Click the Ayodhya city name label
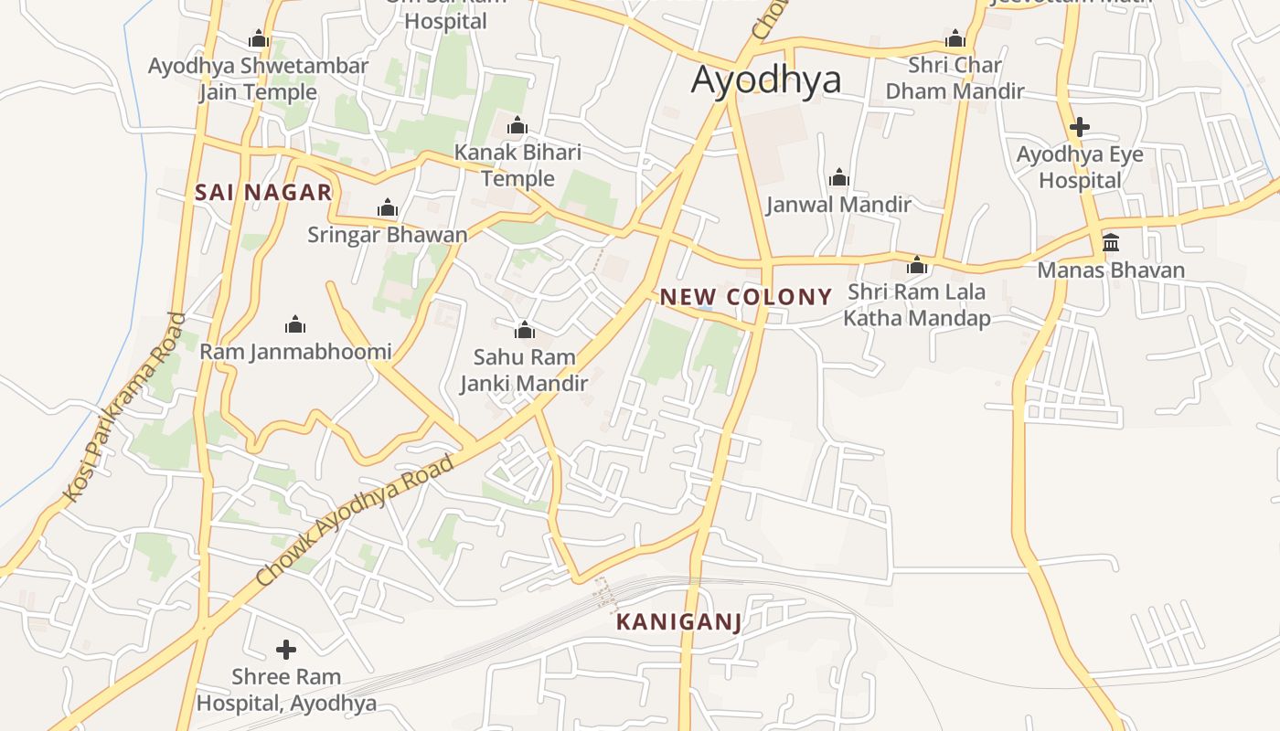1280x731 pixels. pyautogui.click(x=765, y=80)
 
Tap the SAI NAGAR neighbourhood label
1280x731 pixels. pyautogui.click(x=263, y=193)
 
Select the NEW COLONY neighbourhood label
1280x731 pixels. pyautogui.click(x=746, y=297)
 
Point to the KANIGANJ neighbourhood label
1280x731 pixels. pyautogui.click(x=677, y=623)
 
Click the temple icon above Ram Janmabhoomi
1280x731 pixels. pyautogui.click(x=295, y=324)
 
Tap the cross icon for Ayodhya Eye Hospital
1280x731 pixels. pyautogui.click(x=1080, y=127)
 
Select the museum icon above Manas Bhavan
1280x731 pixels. pyautogui.click(x=1111, y=243)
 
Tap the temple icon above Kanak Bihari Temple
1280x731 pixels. pyautogui.click(x=517, y=125)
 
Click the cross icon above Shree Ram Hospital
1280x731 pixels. pyautogui.click(x=286, y=650)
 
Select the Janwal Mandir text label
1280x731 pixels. pyautogui.click(x=838, y=205)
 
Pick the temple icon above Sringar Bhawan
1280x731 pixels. pyautogui.click(x=388, y=208)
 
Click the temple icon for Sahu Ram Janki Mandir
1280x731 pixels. pyautogui.click(x=525, y=330)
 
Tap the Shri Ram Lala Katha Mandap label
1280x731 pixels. pyautogui.click(x=917, y=305)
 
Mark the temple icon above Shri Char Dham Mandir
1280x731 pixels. pyautogui.click(x=955, y=39)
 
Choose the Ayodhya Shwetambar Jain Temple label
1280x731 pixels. pyautogui.click(x=258, y=79)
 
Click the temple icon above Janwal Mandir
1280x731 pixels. pyautogui.click(x=839, y=178)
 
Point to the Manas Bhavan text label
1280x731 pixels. pyautogui.click(x=1111, y=270)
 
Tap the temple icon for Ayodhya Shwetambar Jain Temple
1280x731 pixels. pyautogui.click(x=259, y=39)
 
